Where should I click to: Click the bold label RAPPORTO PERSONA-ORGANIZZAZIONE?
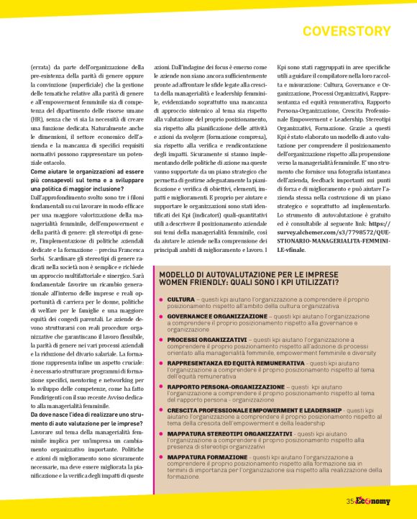(226, 386)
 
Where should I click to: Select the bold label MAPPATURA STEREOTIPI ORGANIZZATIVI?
(229, 434)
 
